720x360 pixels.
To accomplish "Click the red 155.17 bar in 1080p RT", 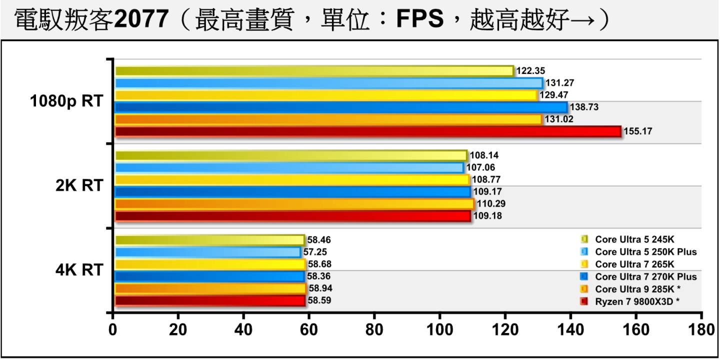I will coord(367,131).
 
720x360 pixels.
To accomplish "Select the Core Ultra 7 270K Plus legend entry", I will coord(645,276).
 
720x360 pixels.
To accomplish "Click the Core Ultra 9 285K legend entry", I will coord(637,289).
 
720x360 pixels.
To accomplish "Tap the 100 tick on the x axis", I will coord(439,330).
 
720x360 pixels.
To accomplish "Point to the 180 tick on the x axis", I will coord(701,330).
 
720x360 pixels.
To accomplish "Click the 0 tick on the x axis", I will coord(113,330).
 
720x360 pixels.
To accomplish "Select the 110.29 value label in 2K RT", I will coord(489,204).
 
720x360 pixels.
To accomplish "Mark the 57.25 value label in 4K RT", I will coord(315,252).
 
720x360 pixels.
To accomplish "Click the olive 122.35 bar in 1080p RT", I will coord(314,71).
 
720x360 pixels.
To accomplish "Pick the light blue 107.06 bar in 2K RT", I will coord(289,167).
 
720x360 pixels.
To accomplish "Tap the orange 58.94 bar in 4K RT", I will coord(210,288).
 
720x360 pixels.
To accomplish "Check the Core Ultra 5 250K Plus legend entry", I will coord(645,251).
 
